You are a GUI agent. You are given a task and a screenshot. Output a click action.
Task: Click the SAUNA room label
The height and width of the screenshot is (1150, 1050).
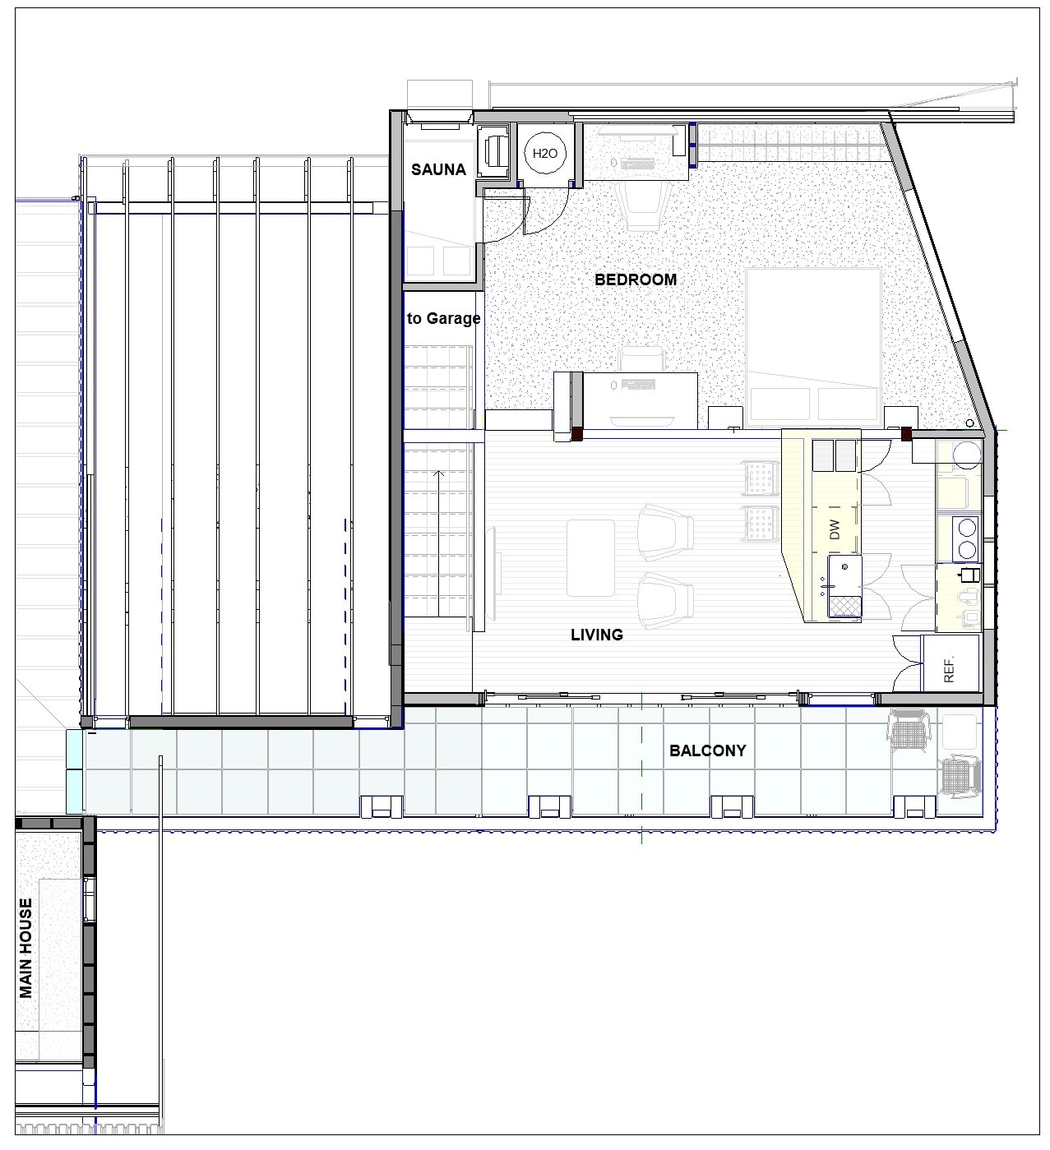click(438, 170)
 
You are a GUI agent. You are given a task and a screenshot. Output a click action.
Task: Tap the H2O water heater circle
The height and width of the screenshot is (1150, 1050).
click(545, 153)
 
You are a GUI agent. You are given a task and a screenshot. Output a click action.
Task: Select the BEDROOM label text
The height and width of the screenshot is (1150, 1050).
click(636, 279)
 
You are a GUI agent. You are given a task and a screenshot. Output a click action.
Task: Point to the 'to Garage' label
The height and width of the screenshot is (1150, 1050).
click(443, 318)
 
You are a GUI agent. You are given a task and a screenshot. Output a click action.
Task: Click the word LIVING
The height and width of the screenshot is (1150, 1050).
click(597, 635)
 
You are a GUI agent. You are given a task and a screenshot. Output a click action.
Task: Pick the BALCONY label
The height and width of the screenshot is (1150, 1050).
click(707, 751)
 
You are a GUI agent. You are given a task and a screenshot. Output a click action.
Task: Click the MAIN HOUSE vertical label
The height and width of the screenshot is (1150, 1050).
click(27, 948)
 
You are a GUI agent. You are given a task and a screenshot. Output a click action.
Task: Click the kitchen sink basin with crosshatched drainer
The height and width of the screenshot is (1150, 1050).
click(844, 584)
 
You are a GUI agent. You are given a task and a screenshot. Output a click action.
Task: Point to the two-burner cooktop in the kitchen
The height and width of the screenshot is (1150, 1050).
click(966, 537)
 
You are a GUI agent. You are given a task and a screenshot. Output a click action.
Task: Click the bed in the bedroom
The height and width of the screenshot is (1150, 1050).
click(814, 345)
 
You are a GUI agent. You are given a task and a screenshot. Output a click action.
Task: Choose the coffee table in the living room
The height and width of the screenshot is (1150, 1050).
click(590, 557)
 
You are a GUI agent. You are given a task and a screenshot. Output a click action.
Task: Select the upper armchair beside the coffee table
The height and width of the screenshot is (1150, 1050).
click(666, 527)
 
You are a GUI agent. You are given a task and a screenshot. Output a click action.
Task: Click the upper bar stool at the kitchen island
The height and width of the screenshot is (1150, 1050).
click(760, 478)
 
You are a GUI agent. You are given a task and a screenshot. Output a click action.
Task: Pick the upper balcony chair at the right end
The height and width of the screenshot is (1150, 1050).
click(909, 727)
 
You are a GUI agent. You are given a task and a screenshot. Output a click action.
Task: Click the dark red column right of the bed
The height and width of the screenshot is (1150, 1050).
click(907, 435)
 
